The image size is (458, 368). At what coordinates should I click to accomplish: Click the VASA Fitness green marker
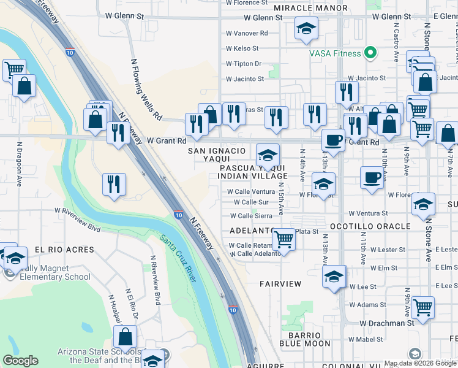tap(370, 53)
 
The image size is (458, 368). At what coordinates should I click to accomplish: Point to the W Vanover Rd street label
tap(247, 33)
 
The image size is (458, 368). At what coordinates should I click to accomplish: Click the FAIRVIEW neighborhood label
tap(280, 284)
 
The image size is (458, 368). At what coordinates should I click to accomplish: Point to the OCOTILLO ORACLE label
tap(370, 226)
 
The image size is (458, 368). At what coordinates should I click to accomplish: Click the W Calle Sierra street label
tap(251, 216)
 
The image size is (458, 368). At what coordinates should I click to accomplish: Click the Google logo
tap(20, 361)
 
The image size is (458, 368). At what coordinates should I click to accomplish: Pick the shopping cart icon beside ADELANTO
tap(283, 238)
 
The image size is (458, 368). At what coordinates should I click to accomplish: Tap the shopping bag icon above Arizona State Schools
tap(126, 336)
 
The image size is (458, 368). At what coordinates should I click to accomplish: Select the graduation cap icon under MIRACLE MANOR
tap(306, 28)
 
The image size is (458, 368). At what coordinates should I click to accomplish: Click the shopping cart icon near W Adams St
tap(422, 306)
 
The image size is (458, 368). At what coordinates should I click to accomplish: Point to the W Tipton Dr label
tap(244, 64)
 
